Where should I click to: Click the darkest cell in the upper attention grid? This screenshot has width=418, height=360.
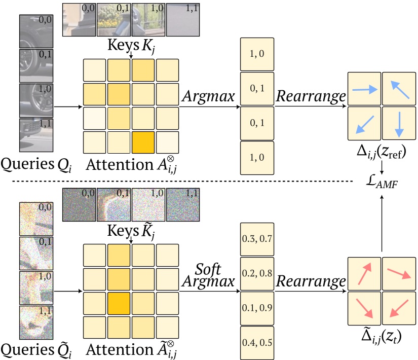[x=143, y=142]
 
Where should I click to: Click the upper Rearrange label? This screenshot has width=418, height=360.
[x=311, y=96]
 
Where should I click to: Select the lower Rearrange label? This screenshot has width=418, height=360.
[x=311, y=280]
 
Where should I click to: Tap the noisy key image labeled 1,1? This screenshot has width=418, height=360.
[x=182, y=205]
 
